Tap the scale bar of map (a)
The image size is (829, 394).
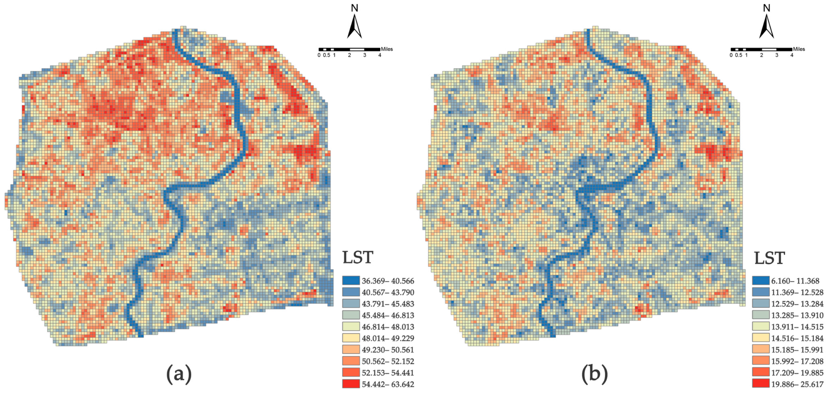point(349,49)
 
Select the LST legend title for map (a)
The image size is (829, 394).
point(357,258)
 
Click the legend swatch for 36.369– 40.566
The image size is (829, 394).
point(351,281)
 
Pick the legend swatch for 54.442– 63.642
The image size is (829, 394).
point(351,384)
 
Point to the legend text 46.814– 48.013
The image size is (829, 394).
point(388,327)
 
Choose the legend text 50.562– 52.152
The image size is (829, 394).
point(388,361)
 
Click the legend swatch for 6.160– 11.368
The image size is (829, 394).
point(761,281)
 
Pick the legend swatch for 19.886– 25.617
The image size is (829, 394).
point(761,384)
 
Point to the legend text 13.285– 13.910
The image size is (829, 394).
point(797,315)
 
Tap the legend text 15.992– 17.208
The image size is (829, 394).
point(797,361)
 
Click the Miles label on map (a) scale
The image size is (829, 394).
point(387,49)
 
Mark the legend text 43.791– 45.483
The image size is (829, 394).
point(388,304)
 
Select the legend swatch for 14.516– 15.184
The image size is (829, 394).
point(761,338)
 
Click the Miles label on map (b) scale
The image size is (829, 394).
point(799,49)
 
